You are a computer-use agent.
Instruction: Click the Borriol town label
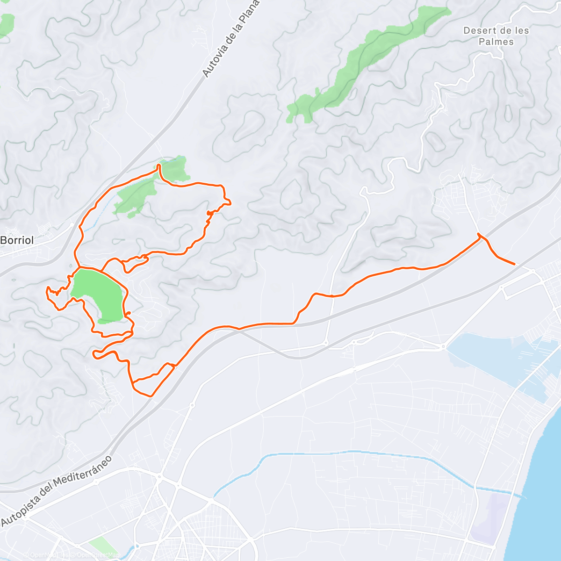[x=17, y=240]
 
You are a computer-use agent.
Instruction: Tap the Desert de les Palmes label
[x=496, y=36]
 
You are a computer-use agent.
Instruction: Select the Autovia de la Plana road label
[x=230, y=38]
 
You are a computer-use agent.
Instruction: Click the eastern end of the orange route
[x=514, y=264]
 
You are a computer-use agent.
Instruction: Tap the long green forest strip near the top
[x=365, y=61]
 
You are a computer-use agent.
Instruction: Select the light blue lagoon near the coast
[x=496, y=355]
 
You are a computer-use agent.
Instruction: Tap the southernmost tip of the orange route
[x=151, y=396]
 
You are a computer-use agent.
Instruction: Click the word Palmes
[x=496, y=42]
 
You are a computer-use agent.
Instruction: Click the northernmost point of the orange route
[x=158, y=165]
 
